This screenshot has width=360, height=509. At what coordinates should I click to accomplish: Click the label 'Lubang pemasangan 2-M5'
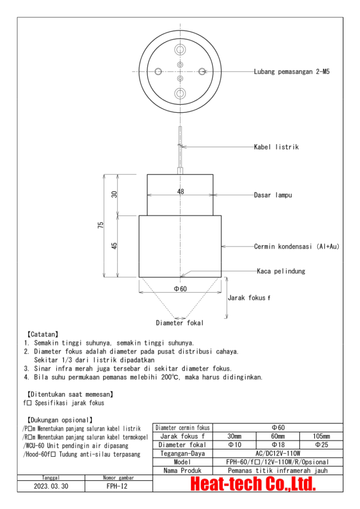(x=292, y=72)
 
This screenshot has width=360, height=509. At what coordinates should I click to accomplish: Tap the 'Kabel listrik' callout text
(x=276, y=147)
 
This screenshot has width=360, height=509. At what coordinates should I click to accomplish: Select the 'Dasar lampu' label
(x=273, y=195)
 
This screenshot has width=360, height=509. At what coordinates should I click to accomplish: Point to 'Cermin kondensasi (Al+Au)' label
(x=297, y=246)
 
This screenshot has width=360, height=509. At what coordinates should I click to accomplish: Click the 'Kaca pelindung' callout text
(x=281, y=271)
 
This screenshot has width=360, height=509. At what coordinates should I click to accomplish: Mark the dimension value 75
(x=101, y=225)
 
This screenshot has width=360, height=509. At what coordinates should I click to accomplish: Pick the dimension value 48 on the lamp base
(x=180, y=191)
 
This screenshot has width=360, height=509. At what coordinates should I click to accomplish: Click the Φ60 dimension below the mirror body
(x=180, y=289)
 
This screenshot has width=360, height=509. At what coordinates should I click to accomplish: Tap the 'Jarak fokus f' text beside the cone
(x=249, y=298)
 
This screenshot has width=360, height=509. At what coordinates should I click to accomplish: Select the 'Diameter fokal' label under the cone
(x=180, y=323)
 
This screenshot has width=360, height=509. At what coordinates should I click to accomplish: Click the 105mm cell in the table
(x=321, y=436)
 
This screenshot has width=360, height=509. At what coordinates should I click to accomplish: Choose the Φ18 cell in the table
(x=278, y=445)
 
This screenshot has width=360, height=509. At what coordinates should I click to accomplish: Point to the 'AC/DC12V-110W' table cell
(x=277, y=453)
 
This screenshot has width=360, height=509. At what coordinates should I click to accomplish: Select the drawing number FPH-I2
(x=117, y=486)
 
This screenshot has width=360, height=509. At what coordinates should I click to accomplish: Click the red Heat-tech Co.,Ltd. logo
(x=253, y=484)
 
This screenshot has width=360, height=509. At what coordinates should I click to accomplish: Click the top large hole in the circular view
(x=180, y=51)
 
